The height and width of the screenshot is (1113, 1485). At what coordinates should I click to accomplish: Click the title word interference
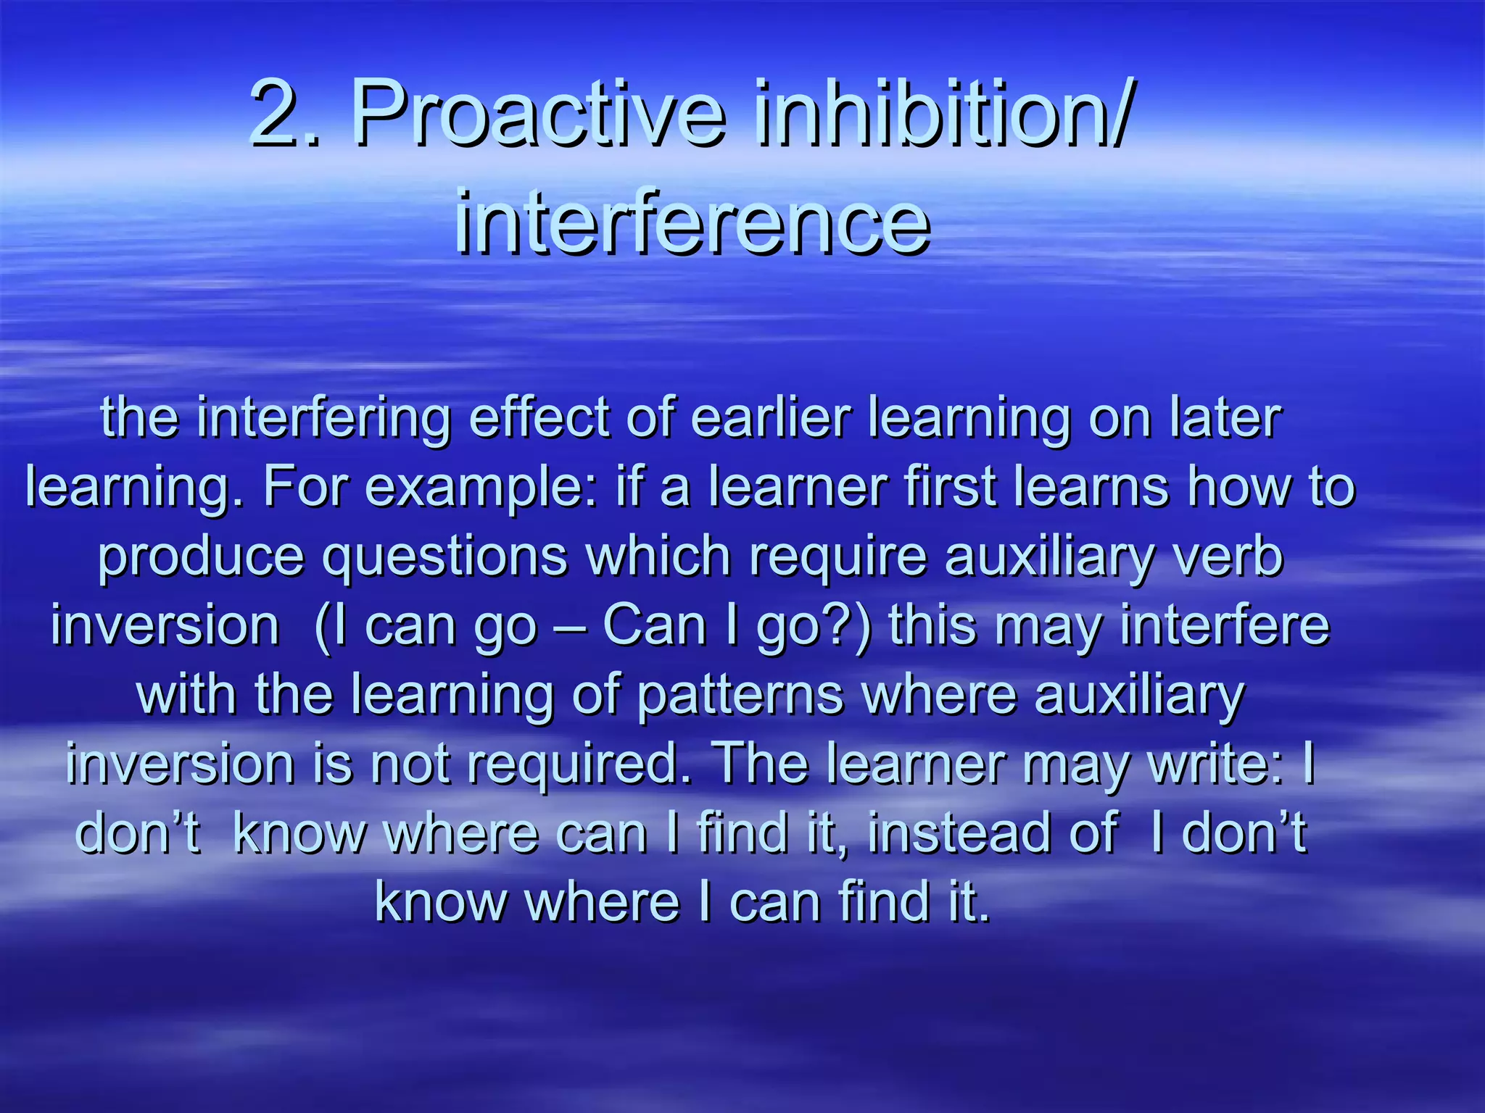point(692,221)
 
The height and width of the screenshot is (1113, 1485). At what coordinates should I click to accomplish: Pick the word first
point(951,487)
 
